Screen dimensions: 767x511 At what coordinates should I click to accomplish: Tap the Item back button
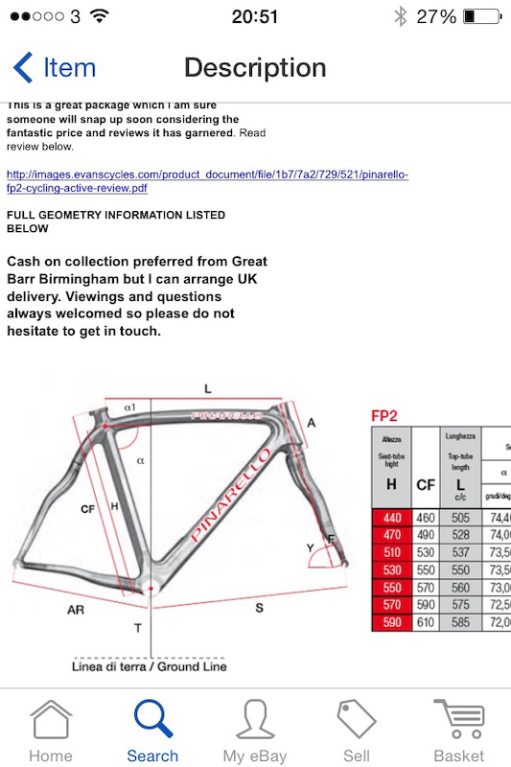pos(55,68)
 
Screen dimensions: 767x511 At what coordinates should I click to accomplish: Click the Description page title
pos(255,68)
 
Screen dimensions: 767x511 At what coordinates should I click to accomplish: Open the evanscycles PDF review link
pos(207,180)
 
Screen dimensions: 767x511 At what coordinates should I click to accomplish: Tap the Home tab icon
pos(50,721)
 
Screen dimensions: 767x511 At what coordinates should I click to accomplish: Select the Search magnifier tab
pos(153,721)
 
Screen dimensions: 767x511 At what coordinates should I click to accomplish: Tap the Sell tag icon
pos(357,721)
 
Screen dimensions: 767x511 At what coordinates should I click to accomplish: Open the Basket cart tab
pos(459,721)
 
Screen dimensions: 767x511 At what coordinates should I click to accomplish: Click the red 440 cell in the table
pos(391,518)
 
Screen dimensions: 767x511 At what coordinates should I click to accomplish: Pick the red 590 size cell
pos(391,622)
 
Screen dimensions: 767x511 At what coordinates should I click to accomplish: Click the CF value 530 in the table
pos(426,552)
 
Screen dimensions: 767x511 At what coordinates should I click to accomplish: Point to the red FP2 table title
pos(385,416)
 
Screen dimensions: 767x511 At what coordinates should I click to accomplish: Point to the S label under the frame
pos(259,607)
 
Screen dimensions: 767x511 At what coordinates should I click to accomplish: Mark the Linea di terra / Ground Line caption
pos(149,665)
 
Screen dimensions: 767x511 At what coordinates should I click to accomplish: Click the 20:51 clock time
pos(255,16)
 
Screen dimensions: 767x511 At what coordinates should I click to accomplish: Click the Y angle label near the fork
pos(309,547)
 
